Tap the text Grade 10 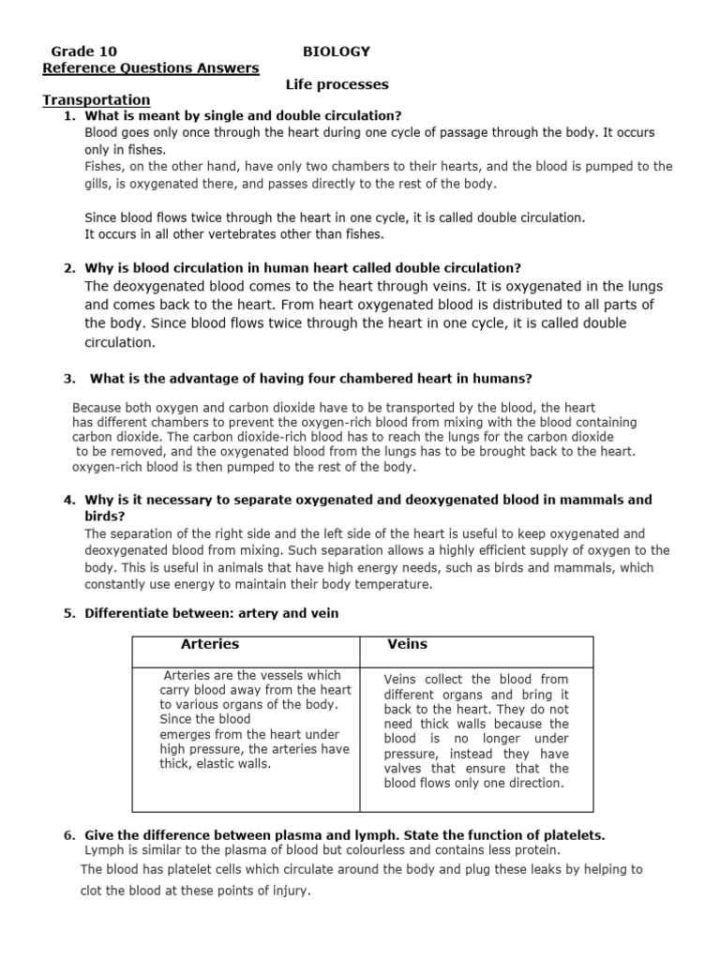tap(84, 52)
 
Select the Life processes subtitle tap(337, 84)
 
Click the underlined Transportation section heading tap(97, 99)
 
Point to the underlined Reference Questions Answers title tap(151, 67)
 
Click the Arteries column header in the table tap(209, 644)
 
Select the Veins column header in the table tap(407, 644)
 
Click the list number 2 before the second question tap(69, 267)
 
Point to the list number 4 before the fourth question tap(69, 500)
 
